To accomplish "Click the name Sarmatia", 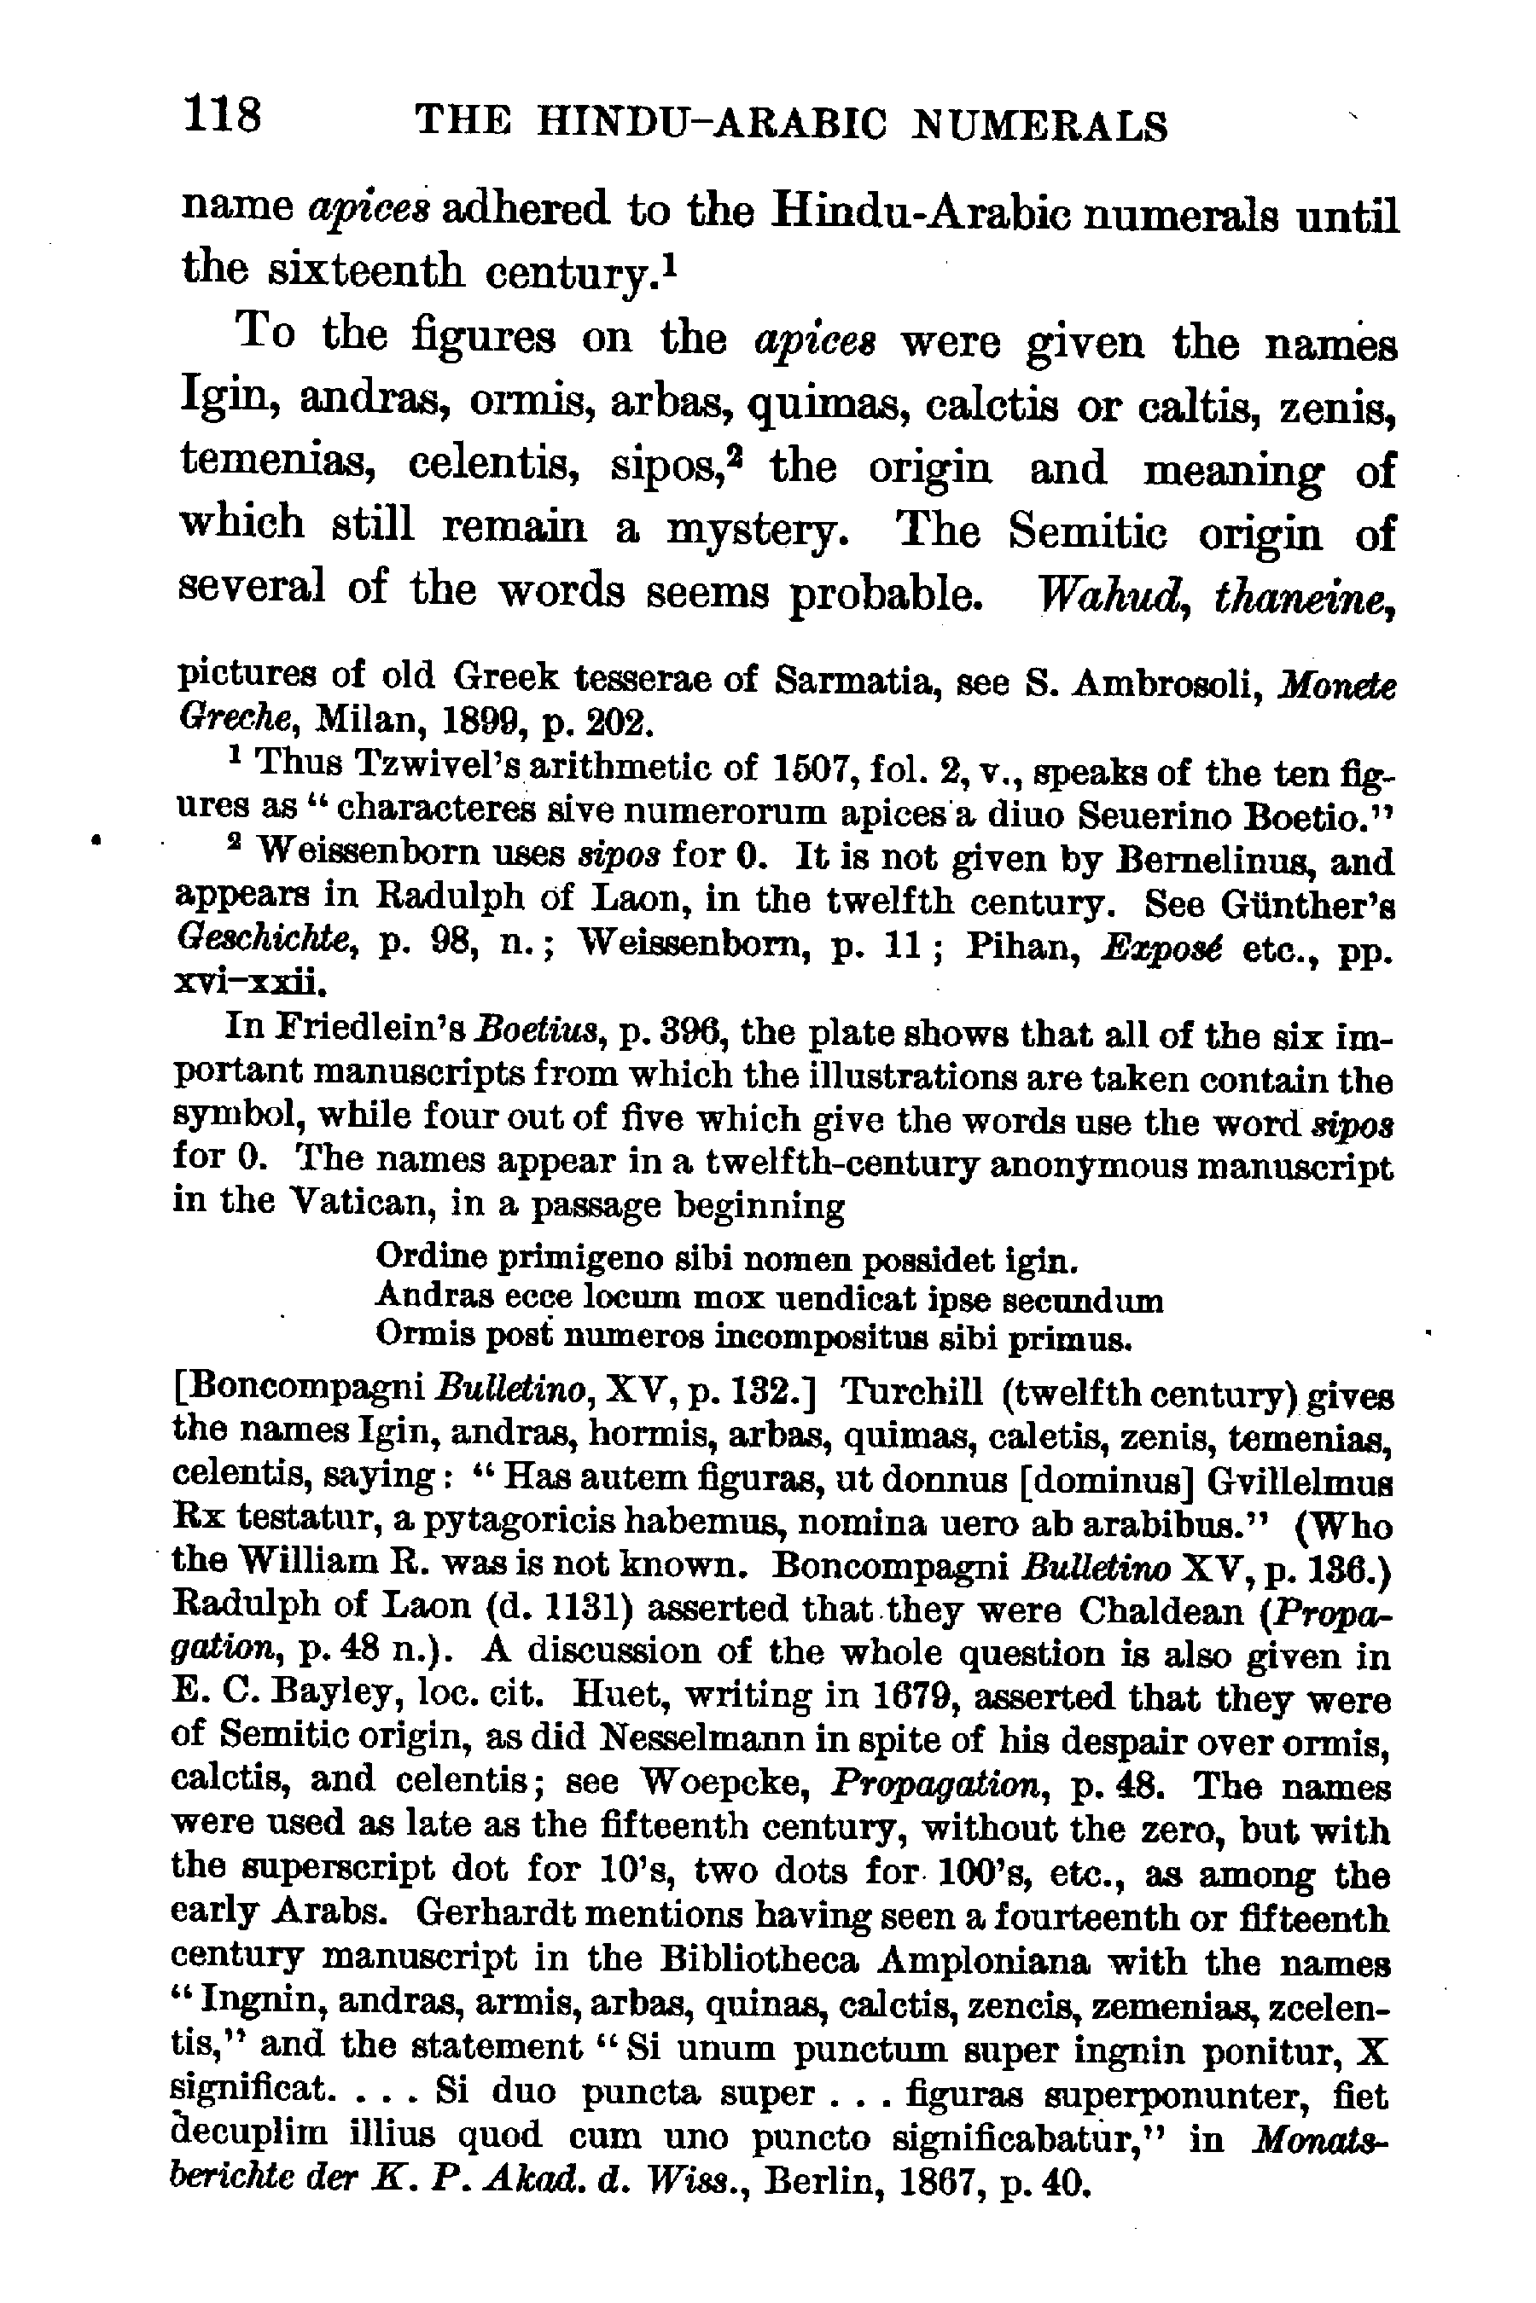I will tap(849, 680).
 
